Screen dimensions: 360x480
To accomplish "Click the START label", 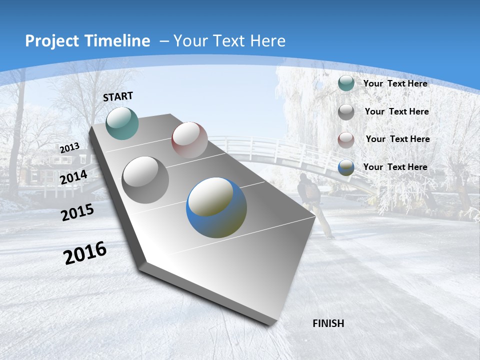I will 118,96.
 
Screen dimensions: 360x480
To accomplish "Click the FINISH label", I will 328,323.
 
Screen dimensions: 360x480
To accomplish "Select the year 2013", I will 69,148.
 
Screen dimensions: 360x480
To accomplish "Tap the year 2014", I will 73,177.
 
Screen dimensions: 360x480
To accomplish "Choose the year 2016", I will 85,253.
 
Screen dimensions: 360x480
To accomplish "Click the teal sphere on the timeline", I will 122,123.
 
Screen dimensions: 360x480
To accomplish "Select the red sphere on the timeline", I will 189,140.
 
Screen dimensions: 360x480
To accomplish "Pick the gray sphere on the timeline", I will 145,180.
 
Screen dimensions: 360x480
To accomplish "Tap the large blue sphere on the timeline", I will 216,207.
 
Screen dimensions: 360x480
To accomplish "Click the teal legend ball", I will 346,83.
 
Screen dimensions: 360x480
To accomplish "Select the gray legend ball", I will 346,111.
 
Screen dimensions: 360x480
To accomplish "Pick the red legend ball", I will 346,139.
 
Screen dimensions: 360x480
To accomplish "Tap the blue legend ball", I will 346,167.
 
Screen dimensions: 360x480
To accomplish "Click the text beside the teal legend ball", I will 395,83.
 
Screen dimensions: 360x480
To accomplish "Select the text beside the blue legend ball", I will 395,167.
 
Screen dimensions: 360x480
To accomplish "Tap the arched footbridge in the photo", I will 270,150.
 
